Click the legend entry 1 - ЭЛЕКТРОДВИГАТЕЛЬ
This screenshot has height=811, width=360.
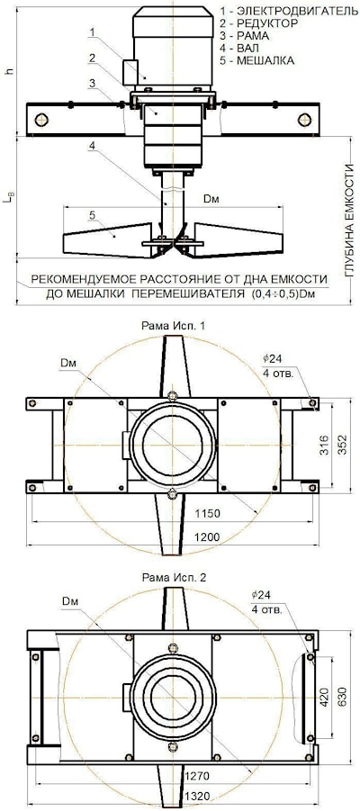pyautogui.click(x=289, y=12)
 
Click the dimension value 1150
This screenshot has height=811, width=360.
pyautogui.click(x=207, y=514)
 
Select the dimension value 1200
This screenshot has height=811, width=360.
pyautogui.click(x=207, y=537)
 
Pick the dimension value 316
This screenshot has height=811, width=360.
pyautogui.click(x=324, y=446)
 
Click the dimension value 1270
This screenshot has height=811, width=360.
pyautogui.click(x=196, y=775)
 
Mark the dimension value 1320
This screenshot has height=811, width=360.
pyautogui.click(x=196, y=795)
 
